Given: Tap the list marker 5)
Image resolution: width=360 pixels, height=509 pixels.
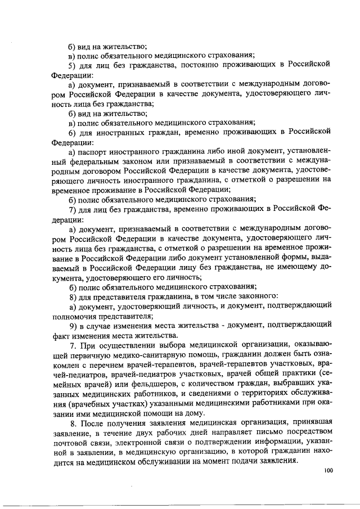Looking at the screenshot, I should point(72,64).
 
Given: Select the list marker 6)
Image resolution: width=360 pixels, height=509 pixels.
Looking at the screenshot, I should point(72,132).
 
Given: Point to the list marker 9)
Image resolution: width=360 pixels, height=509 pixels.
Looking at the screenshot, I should point(73,325).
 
